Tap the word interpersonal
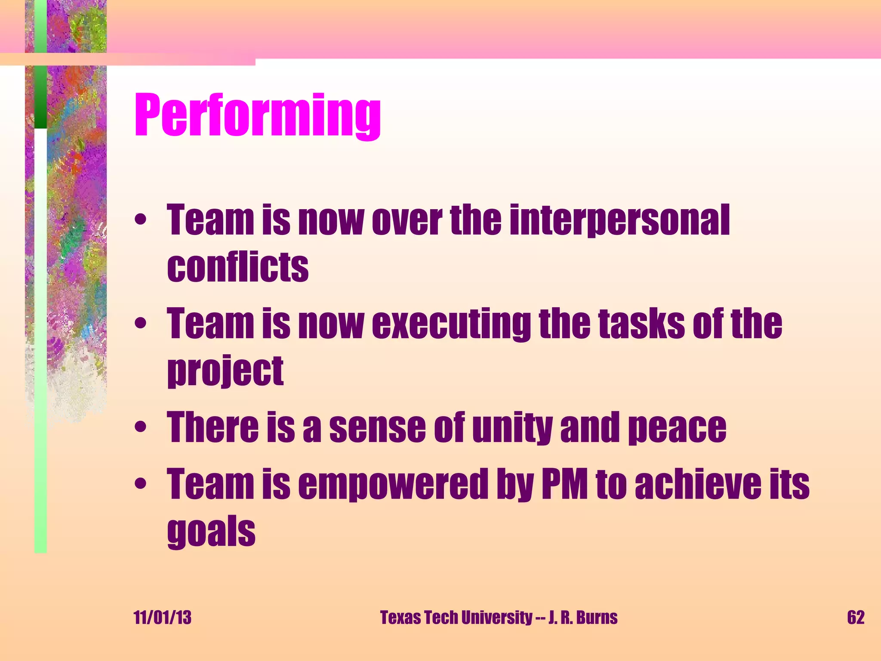coord(619,220)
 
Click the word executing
coord(452,324)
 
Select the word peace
coord(677,428)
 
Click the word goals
coord(211,532)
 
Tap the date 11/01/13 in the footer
coord(163,618)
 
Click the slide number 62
coord(856,618)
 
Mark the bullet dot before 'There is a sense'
coord(140,427)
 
